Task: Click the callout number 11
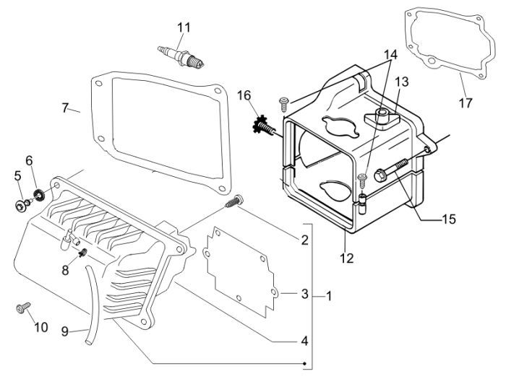(x=184, y=27)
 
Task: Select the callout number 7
(x=65, y=108)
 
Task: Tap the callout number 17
(x=466, y=103)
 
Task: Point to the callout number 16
(x=244, y=95)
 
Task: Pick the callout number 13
(x=401, y=82)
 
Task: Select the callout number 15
(x=448, y=219)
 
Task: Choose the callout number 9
(x=65, y=331)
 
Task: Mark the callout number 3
(x=304, y=294)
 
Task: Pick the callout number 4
(x=304, y=340)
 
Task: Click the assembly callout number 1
(x=329, y=296)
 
